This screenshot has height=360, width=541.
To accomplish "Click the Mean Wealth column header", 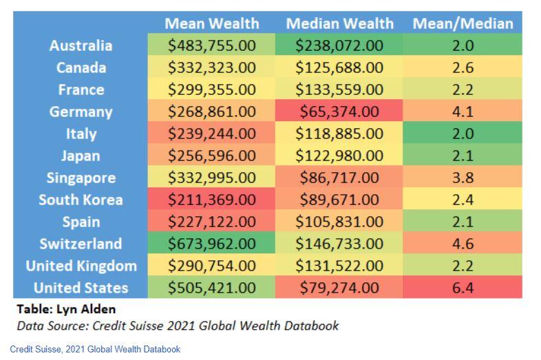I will point(211,23).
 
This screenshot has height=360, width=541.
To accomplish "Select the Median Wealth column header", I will point(339,23).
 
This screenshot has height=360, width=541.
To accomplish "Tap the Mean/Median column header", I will point(463,23).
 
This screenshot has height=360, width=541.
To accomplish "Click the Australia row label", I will point(81,45).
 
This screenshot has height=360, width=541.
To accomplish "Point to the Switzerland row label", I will point(81,244).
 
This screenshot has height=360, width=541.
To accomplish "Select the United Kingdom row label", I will point(81,266).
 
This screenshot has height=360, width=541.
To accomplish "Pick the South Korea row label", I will point(81,200).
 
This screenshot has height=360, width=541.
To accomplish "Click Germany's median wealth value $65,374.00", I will point(339,112).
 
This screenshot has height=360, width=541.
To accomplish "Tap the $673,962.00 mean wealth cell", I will point(211,244).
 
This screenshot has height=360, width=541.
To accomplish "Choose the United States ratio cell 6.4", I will point(463,288).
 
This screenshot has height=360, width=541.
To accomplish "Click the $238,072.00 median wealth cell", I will point(339,45).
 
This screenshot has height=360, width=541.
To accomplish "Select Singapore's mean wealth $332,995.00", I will point(211,178).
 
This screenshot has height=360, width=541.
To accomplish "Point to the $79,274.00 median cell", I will point(339,288).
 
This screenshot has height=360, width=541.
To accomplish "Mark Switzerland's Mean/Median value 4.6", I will point(463,244).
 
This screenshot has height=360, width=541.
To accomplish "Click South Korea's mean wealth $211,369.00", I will point(211,200).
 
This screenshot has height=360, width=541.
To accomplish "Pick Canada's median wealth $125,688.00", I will point(339,67).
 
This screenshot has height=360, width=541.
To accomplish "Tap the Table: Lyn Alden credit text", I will point(66,309).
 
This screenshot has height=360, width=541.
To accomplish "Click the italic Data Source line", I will point(178,326).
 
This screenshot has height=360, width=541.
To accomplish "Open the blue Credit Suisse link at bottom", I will point(95,349).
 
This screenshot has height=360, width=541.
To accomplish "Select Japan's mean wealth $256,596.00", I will point(211,156).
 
